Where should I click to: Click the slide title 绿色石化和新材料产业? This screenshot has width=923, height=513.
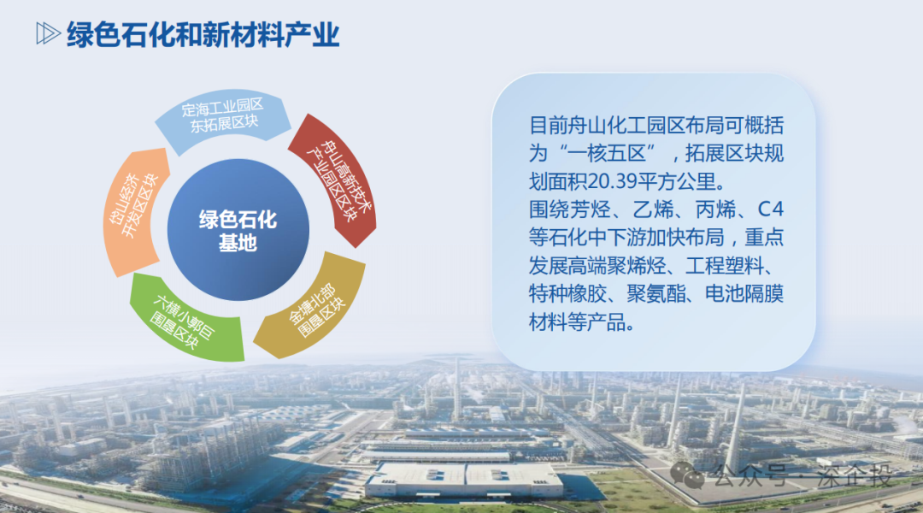203,34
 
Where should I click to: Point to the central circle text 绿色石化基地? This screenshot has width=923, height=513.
238,231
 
